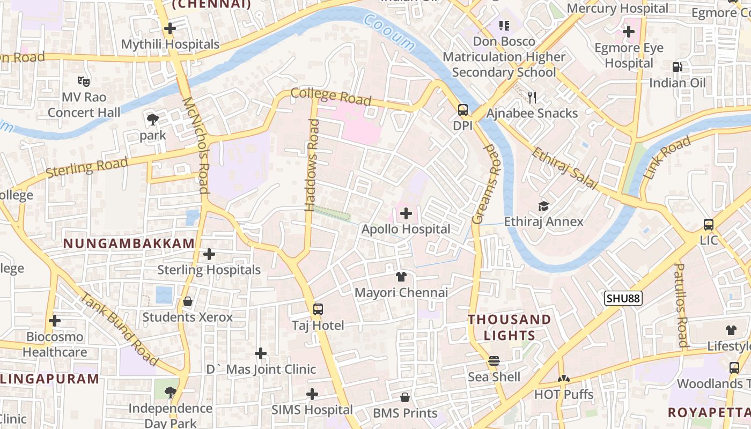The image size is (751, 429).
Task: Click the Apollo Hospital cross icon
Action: (406, 214)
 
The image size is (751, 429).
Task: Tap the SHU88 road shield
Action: (623, 299)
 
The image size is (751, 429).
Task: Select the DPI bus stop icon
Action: (462, 110)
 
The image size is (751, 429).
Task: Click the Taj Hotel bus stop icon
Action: (318, 309)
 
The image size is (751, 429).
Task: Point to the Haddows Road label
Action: (312, 165)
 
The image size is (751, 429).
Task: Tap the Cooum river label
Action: (389, 32)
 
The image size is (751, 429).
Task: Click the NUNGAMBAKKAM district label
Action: (129, 243)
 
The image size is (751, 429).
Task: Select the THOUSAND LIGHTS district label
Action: (509, 328)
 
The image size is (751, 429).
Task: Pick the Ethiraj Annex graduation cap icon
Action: (543, 206)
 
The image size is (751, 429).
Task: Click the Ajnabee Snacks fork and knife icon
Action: (532, 98)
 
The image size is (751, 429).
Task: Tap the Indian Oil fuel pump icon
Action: (678, 67)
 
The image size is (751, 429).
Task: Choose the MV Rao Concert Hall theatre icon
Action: (83, 82)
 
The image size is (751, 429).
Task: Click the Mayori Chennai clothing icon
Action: (401, 277)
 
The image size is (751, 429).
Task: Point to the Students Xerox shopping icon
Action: (188, 302)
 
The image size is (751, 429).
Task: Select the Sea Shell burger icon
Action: (494, 361)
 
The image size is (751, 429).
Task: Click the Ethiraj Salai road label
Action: (564, 169)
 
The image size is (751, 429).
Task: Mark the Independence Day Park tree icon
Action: (171, 393)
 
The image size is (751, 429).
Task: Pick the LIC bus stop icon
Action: (708, 225)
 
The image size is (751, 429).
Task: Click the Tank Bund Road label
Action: (119, 329)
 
